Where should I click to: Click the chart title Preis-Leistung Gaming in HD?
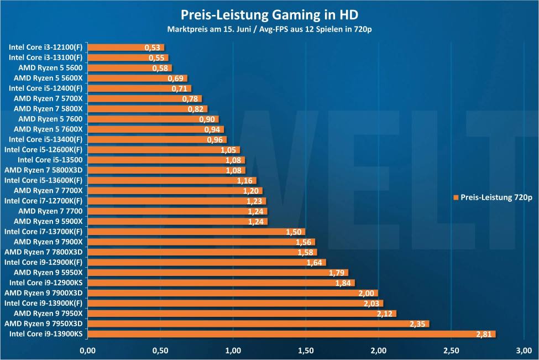[x=269, y=13]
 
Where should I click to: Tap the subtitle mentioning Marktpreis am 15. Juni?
[x=269, y=28]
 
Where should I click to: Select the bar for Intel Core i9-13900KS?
[x=291, y=334]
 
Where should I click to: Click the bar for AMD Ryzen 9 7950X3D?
[x=258, y=324]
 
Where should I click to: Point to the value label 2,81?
[x=484, y=334]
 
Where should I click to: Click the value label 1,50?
[x=294, y=232]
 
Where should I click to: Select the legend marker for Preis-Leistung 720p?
[x=456, y=197]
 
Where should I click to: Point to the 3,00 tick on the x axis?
[x=524, y=351]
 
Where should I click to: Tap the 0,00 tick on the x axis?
[x=88, y=351]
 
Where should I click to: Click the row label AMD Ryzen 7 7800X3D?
[x=44, y=252]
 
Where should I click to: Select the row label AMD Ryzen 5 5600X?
[x=48, y=78]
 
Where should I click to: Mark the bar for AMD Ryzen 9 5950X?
[x=217, y=273]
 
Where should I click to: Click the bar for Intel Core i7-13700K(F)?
[x=196, y=232]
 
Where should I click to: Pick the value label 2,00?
[x=367, y=293]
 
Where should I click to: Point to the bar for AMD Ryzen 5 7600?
[x=153, y=119]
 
